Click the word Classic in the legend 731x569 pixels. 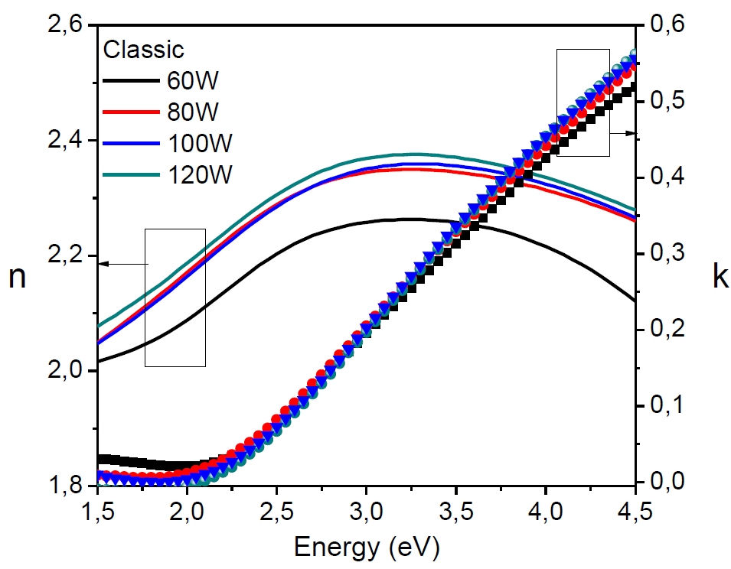(144, 50)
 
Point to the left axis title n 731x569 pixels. (17, 277)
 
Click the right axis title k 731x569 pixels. (719, 277)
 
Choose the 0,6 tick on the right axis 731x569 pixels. (673, 26)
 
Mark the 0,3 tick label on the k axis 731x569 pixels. (673, 254)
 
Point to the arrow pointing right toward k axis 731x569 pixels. (623, 133)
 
